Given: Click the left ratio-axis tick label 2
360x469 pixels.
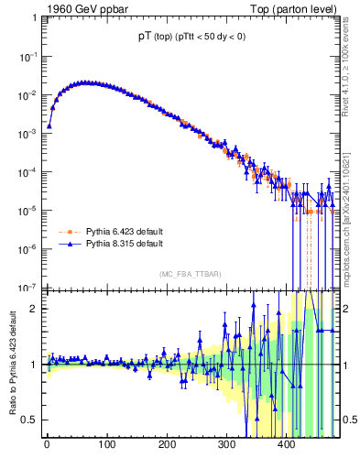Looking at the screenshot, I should point(35,308).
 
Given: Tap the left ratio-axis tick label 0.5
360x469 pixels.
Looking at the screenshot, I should point(30,420).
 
